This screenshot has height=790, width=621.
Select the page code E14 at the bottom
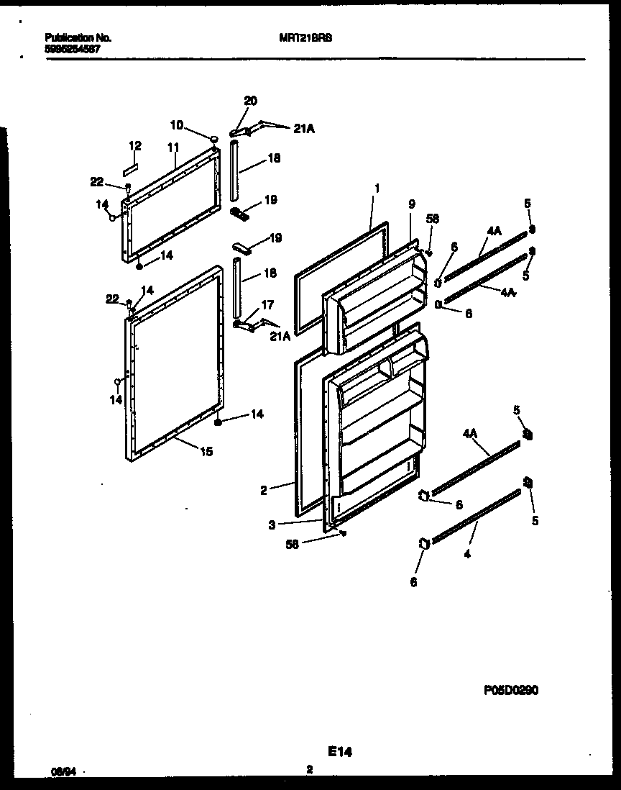tap(340, 752)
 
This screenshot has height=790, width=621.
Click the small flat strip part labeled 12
tap(129, 172)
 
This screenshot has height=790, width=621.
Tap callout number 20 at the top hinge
tap(250, 101)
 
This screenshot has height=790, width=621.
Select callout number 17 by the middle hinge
tap(267, 304)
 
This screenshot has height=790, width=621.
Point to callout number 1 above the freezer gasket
tap(377, 188)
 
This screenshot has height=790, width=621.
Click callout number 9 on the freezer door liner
tap(411, 204)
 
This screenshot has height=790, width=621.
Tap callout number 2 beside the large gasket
tap(264, 491)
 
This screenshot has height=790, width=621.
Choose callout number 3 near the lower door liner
tap(272, 526)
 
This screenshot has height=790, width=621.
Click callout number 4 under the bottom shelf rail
tap(467, 554)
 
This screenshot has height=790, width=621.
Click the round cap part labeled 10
tap(213, 138)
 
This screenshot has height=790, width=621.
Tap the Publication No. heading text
tap(78, 37)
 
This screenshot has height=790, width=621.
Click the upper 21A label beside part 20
tap(305, 129)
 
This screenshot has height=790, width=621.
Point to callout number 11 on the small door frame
tap(172, 147)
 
